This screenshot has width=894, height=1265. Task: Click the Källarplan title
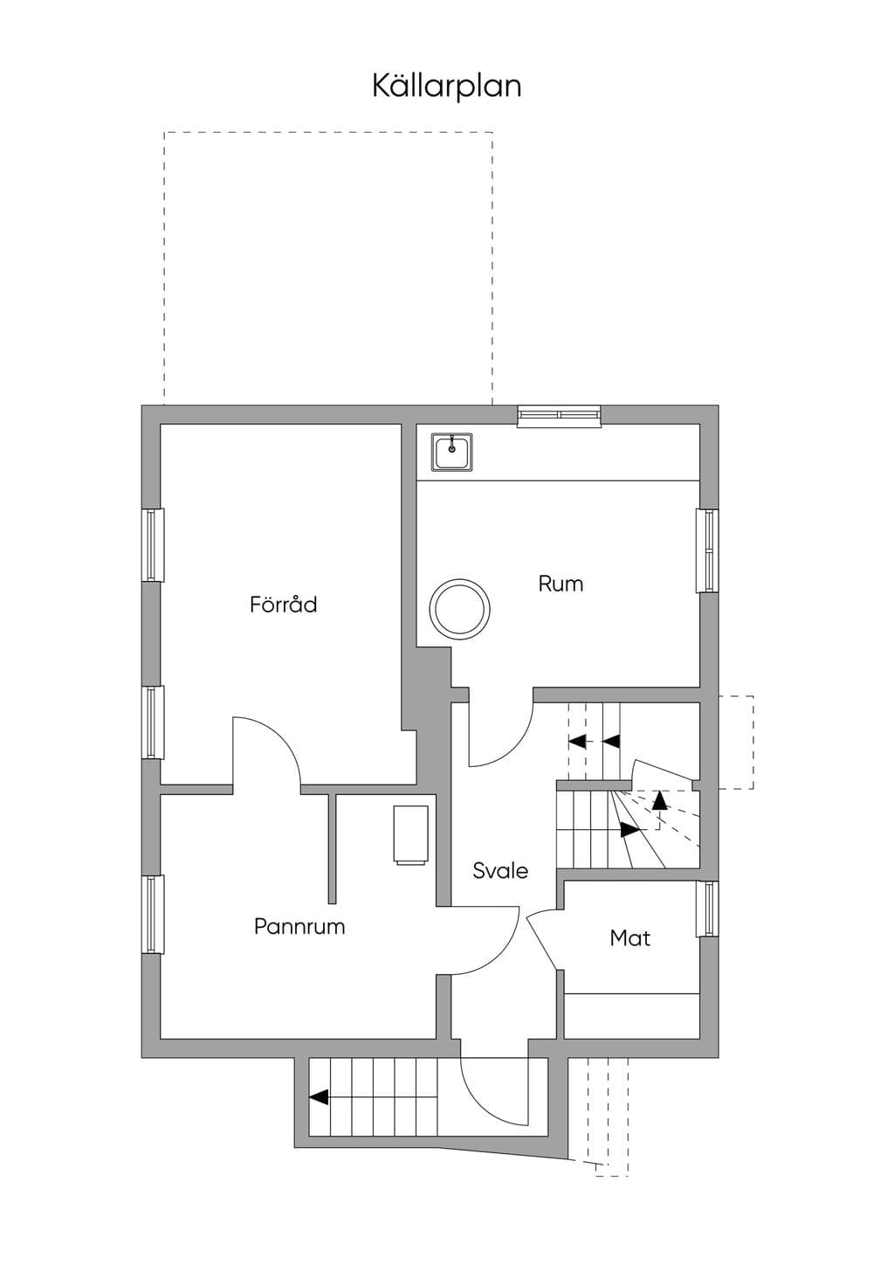446,86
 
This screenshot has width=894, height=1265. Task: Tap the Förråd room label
284,604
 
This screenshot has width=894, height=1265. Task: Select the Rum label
560,584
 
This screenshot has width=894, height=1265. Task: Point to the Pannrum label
299,927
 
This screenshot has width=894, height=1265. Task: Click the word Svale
500,870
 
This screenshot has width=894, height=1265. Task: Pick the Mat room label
629,938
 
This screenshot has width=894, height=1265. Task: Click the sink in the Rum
452,451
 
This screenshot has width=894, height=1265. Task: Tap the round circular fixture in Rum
459,609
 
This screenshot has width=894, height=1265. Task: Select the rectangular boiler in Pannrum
411,835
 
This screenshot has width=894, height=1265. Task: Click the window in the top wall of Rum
559,416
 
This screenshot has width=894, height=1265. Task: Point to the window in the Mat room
707,908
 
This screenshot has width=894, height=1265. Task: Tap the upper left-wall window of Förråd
153,545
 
